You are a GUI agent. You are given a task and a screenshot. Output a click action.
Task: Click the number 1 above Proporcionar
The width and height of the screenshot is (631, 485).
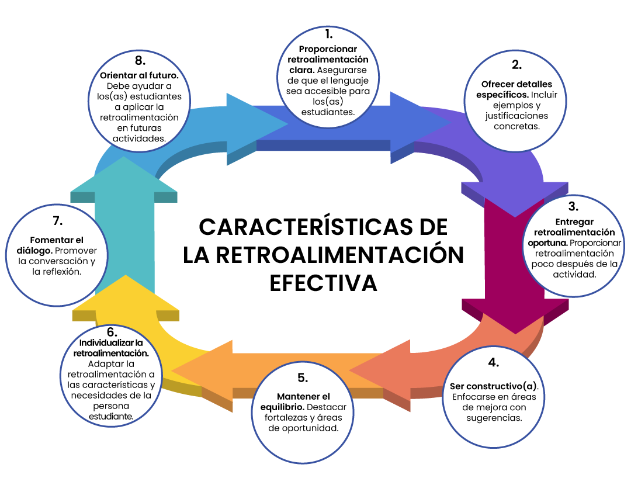pos(329,34)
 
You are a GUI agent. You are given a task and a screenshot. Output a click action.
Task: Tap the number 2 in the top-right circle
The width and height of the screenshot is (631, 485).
pos(516,65)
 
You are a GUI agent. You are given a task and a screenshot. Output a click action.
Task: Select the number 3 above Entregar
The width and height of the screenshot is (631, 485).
pos(573,206)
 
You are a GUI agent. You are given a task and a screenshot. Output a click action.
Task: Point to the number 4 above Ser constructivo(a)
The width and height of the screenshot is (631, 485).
pos(494,362)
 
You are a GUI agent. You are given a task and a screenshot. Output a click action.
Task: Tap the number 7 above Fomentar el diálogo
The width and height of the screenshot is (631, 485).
pos(57,221)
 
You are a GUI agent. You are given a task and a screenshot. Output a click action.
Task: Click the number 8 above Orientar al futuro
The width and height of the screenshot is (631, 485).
pos(140,61)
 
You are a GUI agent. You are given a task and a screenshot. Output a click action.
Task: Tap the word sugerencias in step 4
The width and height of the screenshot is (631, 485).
pos(494,418)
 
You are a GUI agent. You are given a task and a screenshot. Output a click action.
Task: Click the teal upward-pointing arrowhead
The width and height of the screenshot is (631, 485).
pos(123,175)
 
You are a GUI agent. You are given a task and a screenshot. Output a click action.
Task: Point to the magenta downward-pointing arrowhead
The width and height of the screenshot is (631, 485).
pos(515,316)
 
